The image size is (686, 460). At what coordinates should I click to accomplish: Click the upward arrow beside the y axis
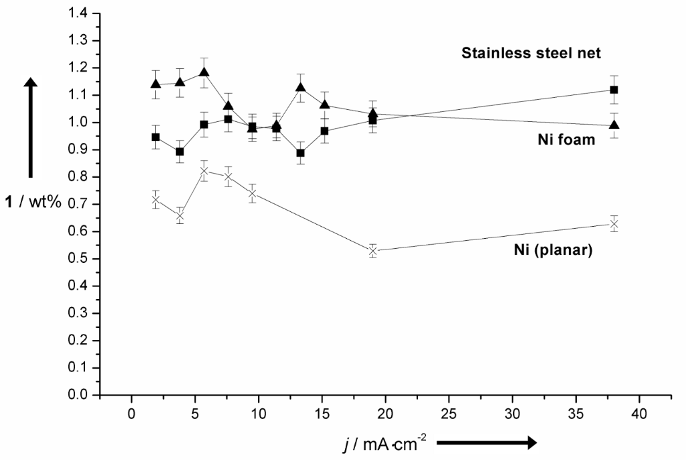(x=30, y=127)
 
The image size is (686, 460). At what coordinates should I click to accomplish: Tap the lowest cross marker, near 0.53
(x=374, y=251)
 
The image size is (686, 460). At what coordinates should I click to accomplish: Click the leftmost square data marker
(x=156, y=137)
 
